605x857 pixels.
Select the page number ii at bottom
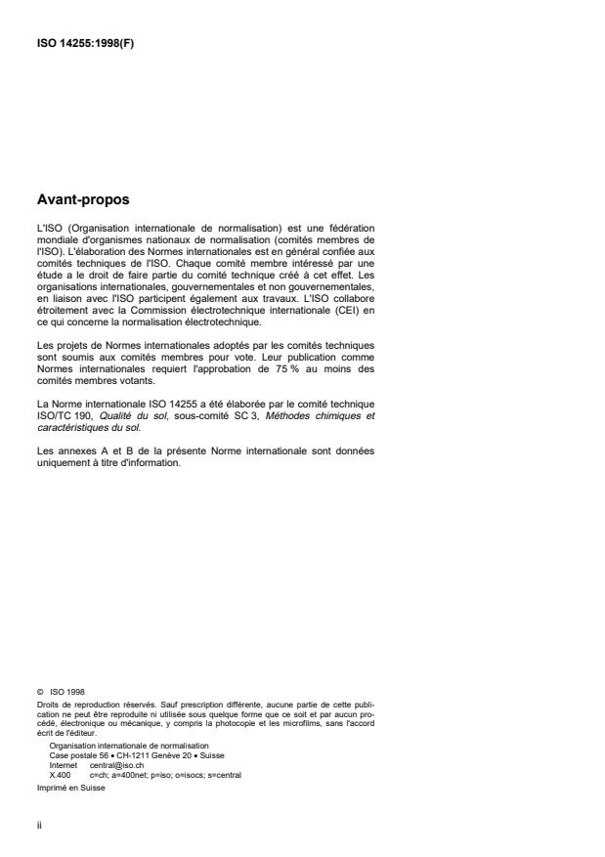coord(37,823)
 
